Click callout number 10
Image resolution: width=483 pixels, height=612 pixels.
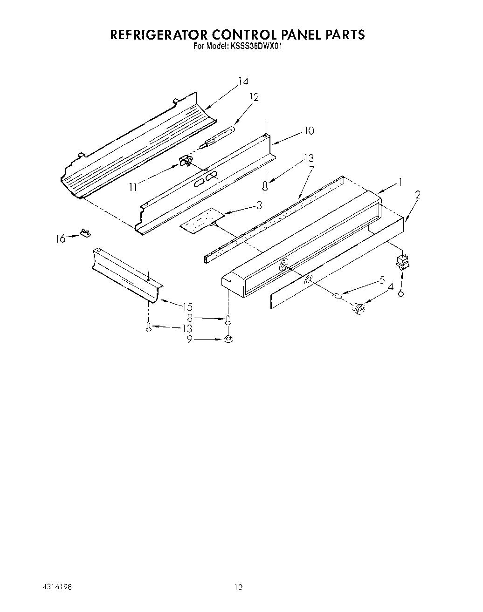tap(309, 130)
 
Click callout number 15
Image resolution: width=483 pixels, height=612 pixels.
tap(187, 307)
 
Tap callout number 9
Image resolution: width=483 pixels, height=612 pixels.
tap(189, 340)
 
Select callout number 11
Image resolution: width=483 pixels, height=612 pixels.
tap(133, 187)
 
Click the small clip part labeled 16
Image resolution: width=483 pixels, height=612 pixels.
tap(85, 232)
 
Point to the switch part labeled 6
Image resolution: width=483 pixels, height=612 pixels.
tap(400, 264)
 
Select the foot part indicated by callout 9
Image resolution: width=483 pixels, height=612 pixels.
tap(228, 339)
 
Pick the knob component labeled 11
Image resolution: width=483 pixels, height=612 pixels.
tap(186, 161)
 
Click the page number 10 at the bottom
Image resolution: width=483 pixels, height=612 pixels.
tap(238, 587)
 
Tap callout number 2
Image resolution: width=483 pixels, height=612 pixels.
tap(417, 195)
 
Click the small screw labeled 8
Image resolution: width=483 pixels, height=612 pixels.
tap(228, 320)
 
